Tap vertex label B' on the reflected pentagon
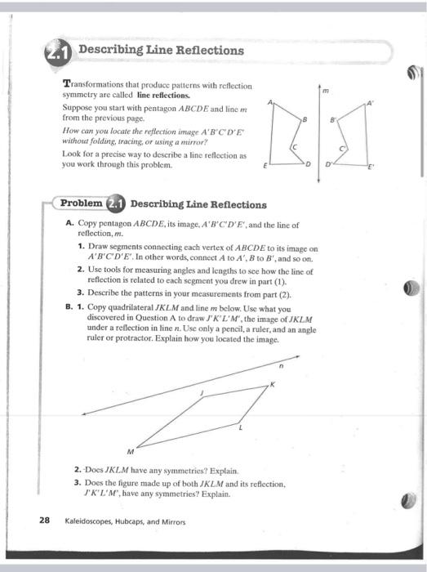point(333,119)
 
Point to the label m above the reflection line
point(325,92)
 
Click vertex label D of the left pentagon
point(309,164)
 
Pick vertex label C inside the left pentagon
point(295,145)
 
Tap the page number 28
point(44,521)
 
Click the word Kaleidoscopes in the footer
point(88,521)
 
